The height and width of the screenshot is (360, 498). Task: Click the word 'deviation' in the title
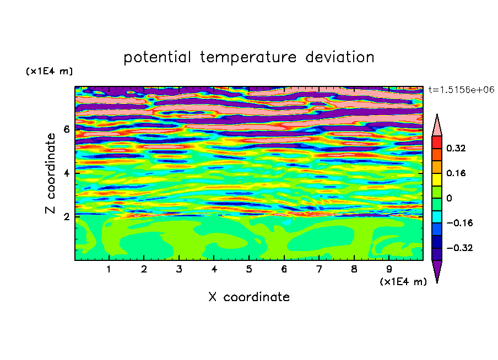click(x=339, y=57)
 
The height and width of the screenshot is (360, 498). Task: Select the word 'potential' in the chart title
click(x=157, y=58)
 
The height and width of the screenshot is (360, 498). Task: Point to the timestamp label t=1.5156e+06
click(x=461, y=90)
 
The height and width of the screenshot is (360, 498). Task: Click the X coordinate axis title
click(x=249, y=297)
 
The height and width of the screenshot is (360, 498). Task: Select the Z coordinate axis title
click(x=50, y=173)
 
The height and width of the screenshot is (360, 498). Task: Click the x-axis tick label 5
click(x=249, y=269)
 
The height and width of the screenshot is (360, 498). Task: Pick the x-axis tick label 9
click(x=389, y=269)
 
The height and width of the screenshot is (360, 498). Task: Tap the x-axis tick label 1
click(x=109, y=269)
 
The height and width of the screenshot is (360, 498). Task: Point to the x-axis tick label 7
click(x=319, y=269)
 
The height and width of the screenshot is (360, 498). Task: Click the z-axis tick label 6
click(x=66, y=129)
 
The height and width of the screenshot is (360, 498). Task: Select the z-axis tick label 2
click(x=66, y=216)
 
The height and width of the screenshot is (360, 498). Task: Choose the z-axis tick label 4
click(x=66, y=173)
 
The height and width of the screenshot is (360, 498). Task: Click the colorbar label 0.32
click(x=456, y=148)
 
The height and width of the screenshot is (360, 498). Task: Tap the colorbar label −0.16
click(x=459, y=223)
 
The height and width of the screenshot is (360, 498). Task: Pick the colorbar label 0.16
click(x=456, y=173)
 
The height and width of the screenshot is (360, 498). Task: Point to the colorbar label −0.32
click(x=459, y=248)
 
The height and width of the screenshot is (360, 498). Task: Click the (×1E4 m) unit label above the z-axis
click(x=49, y=71)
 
